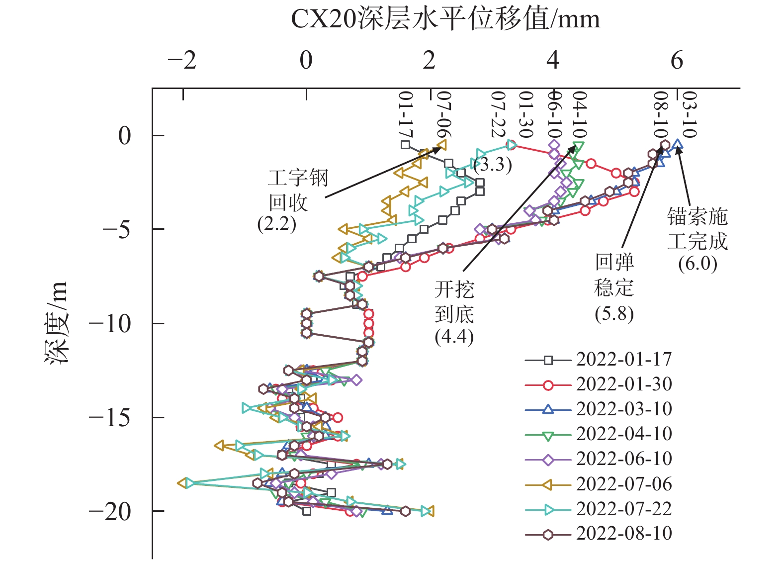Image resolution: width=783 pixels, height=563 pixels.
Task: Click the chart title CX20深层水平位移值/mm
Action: [x=445, y=19]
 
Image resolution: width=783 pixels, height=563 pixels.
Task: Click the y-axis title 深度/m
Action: [x=56, y=323]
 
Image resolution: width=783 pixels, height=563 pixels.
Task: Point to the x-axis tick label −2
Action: [x=182, y=61]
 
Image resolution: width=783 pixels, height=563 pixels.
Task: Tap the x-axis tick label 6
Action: [x=677, y=61]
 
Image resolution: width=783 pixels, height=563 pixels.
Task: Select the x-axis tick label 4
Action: [x=553, y=61]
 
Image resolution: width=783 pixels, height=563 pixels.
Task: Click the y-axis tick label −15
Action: [x=110, y=417]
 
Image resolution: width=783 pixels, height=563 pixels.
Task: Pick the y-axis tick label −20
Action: [x=110, y=511]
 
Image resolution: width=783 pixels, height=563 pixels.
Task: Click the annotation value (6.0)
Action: [x=697, y=263]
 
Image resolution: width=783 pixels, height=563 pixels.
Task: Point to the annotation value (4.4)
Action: [x=454, y=337]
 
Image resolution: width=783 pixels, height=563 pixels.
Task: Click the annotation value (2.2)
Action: [x=276, y=224]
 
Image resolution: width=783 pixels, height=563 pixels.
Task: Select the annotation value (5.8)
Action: [x=614, y=314]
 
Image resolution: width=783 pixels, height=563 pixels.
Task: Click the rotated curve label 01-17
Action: [x=406, y=115]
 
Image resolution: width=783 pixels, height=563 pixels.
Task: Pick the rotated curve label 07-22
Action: [x=498, y=114]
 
